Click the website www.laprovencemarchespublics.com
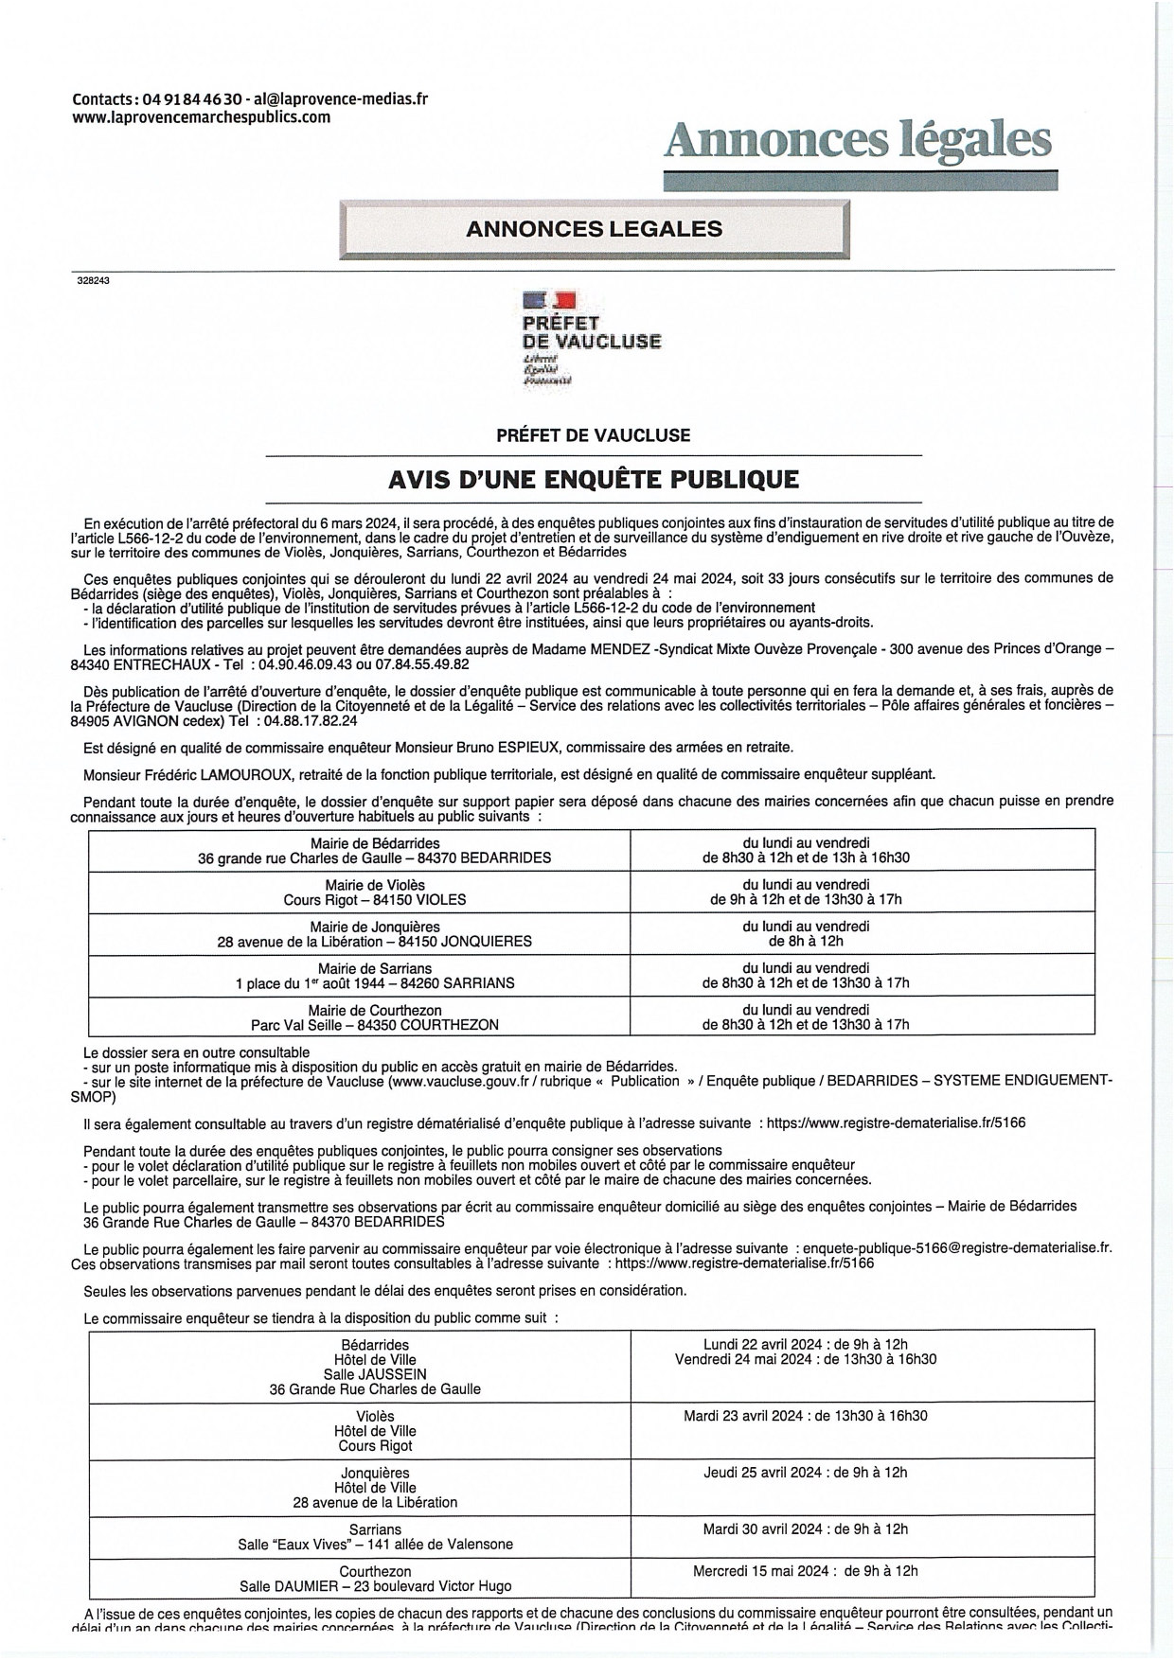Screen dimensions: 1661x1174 pyautogui.click(x=202, y=117)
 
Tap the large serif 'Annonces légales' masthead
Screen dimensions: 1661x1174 pyautogui.click(x=858, y=140)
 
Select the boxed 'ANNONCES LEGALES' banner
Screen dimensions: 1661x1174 pyautogui.click(x=594, y=229)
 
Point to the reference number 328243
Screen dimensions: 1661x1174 pyautogui.click(x=94, y=280)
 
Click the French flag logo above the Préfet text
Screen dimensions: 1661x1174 pyautogui.click(x=549, y=302)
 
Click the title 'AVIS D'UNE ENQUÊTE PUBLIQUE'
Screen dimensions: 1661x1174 pyautogui.click(x=594, y=480)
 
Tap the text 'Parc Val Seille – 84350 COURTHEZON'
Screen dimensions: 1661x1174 pyautogui.click(x=375, y=1024)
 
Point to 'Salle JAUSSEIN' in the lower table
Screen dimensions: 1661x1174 pyautogui.click(x=375, y=1374)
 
